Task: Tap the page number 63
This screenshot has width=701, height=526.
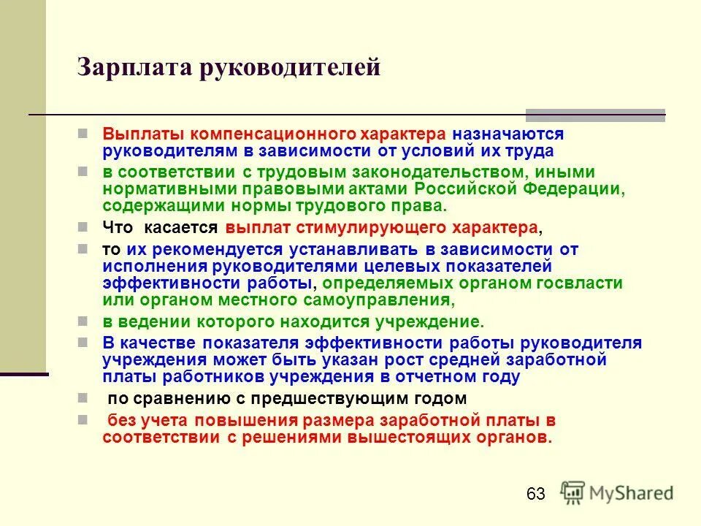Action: click(x=535, y=495)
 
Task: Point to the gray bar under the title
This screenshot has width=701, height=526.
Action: click(x=595, y=115)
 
